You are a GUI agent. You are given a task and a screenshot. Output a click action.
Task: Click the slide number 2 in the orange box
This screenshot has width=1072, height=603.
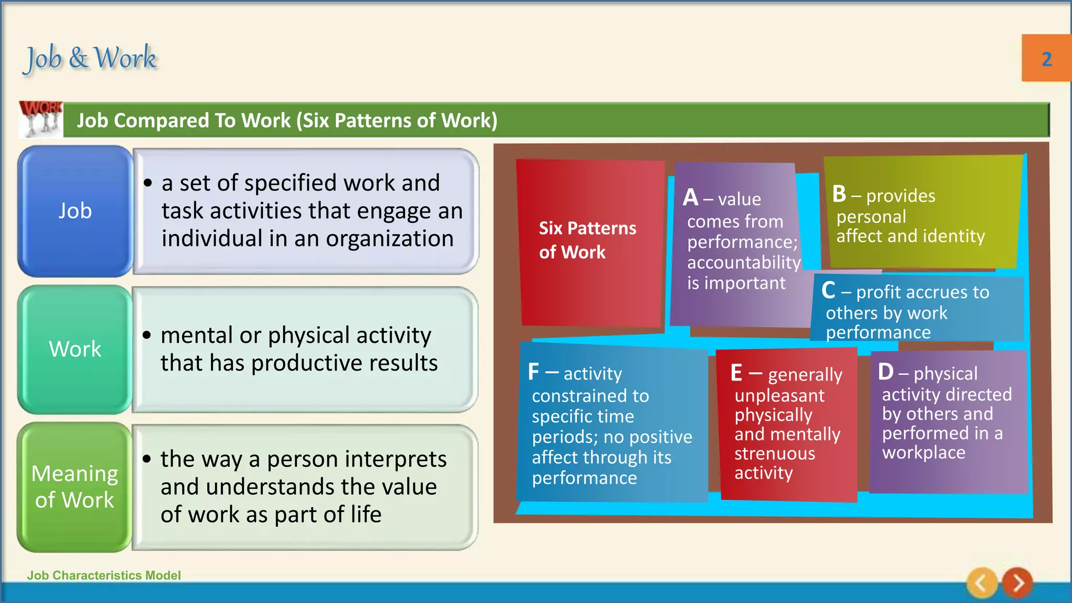(1046, 59)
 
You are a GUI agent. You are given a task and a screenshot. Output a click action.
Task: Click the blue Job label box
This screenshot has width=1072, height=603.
(75, 211)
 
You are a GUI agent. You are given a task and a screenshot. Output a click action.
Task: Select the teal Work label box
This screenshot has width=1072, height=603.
(75, 349)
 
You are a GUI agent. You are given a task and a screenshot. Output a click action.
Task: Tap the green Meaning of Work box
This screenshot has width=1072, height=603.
(74, 487)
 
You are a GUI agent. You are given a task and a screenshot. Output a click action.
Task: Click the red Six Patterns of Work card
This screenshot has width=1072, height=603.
(589, 241)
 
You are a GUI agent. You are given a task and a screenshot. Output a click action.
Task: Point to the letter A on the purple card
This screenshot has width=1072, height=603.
(690, 198)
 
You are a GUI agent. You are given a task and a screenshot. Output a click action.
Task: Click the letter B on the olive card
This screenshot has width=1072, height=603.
(839, 194)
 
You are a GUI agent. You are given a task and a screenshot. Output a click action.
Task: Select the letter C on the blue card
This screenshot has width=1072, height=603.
(828, 291)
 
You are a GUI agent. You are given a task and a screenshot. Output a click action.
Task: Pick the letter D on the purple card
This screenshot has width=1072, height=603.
(886, 372)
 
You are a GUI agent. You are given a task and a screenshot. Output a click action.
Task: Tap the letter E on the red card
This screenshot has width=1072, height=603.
(736, 373)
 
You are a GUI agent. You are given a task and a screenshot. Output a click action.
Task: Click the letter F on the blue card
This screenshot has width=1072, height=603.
(533, 372)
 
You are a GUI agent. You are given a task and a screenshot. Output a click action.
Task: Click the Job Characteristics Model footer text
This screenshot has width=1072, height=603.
(104, 575)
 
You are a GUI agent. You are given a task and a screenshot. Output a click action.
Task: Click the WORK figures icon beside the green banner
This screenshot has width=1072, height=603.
(41, 119)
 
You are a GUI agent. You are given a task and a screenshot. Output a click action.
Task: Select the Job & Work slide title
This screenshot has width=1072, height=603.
(91, 58)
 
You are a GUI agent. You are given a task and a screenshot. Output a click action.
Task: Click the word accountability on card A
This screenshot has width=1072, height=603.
(743, 262)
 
